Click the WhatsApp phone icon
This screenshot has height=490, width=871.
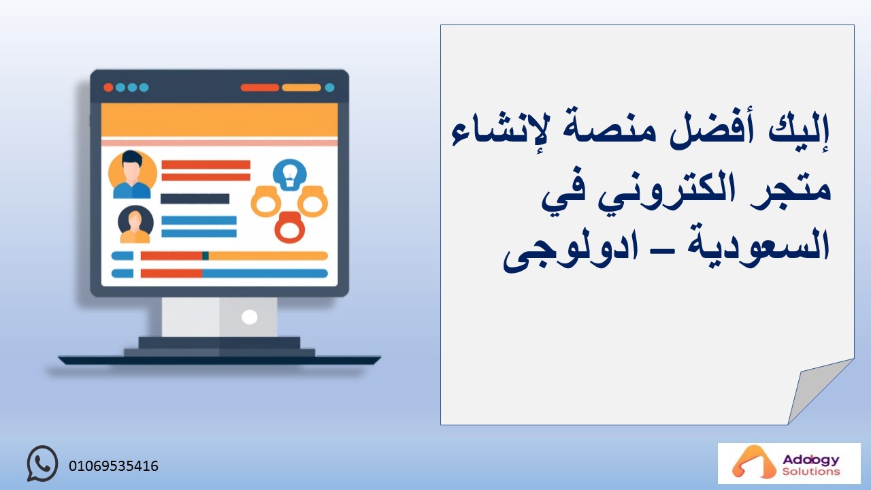coord(42,463)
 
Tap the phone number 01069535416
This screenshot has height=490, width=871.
coord(114,466)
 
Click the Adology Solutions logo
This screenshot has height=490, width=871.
coord(789,463)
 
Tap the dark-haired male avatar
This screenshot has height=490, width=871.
coord(132,174)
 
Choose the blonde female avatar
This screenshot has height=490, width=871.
coord(135,225)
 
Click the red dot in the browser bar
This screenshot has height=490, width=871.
coord(108,88)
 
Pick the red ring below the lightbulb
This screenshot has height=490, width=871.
coord(290,227)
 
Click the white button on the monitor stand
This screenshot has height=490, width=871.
coord(249,317)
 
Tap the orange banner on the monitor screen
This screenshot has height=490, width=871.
coord(219,120)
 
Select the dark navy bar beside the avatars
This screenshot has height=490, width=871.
coord(195,199)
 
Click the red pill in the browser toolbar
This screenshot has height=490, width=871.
coord(260,88)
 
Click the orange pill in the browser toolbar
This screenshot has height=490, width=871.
coord(301,88)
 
